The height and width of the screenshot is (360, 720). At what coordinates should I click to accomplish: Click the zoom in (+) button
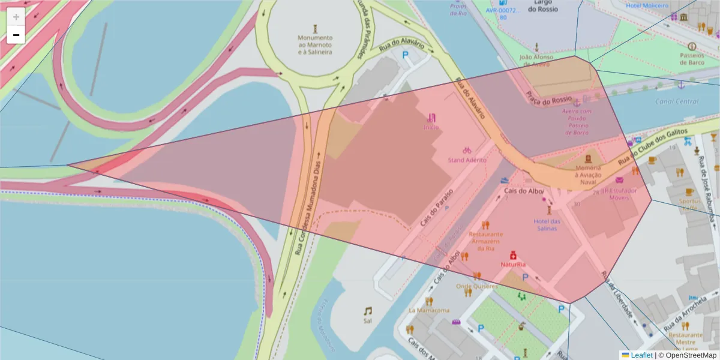16,17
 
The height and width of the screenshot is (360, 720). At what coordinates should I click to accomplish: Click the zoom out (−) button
16,35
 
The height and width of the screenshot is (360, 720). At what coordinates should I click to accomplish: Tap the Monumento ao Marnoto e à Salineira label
315,45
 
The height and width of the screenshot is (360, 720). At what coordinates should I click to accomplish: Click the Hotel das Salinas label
547,224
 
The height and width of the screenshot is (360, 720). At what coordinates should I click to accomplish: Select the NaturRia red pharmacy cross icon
513,255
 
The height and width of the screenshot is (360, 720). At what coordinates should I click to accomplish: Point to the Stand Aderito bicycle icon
467,150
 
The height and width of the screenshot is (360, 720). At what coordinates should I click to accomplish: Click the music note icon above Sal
367,311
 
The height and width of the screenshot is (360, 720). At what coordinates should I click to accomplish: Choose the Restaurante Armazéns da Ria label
486,241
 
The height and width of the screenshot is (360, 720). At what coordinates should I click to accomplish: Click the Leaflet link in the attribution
641,355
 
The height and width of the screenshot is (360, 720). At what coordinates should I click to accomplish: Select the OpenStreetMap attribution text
687,355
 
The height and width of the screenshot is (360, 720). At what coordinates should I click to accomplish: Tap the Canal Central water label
677,101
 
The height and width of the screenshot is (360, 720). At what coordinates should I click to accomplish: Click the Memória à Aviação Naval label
588,175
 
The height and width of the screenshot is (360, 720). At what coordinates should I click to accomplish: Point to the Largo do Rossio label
543,6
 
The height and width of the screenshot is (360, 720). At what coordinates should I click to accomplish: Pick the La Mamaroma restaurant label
429,310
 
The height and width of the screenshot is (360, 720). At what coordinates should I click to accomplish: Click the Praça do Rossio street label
550,93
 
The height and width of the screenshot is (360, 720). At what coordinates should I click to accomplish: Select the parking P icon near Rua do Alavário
405,55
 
